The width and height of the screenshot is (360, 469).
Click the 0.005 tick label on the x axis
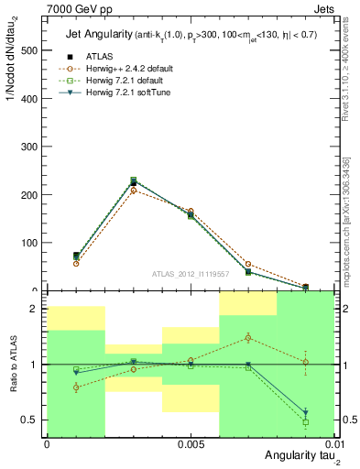coord(190,442)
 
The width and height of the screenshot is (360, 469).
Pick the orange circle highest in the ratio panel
coord(248,338)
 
